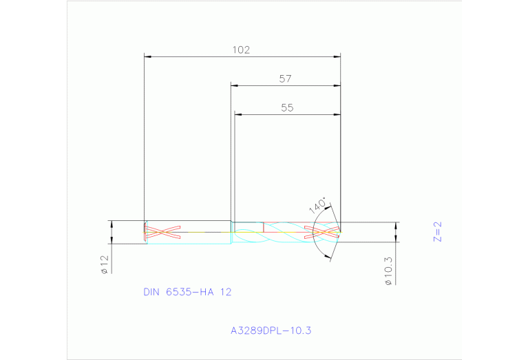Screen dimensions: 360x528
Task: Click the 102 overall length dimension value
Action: [240, 50]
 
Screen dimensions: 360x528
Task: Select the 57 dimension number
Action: [285, 79]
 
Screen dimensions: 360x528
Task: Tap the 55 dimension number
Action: [287, 107]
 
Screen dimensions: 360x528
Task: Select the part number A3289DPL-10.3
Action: [271, 331]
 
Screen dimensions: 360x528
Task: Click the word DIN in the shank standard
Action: [151, 292]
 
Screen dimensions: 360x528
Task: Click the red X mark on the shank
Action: [162, 232]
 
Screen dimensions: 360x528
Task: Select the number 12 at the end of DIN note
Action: [226, 292]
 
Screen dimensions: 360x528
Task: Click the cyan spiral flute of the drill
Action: [282, 233]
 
